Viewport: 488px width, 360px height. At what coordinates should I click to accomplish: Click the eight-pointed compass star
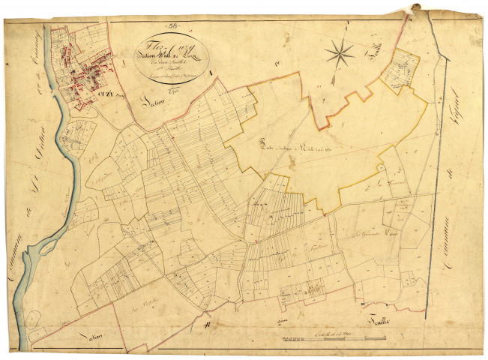[x=340, y=52]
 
